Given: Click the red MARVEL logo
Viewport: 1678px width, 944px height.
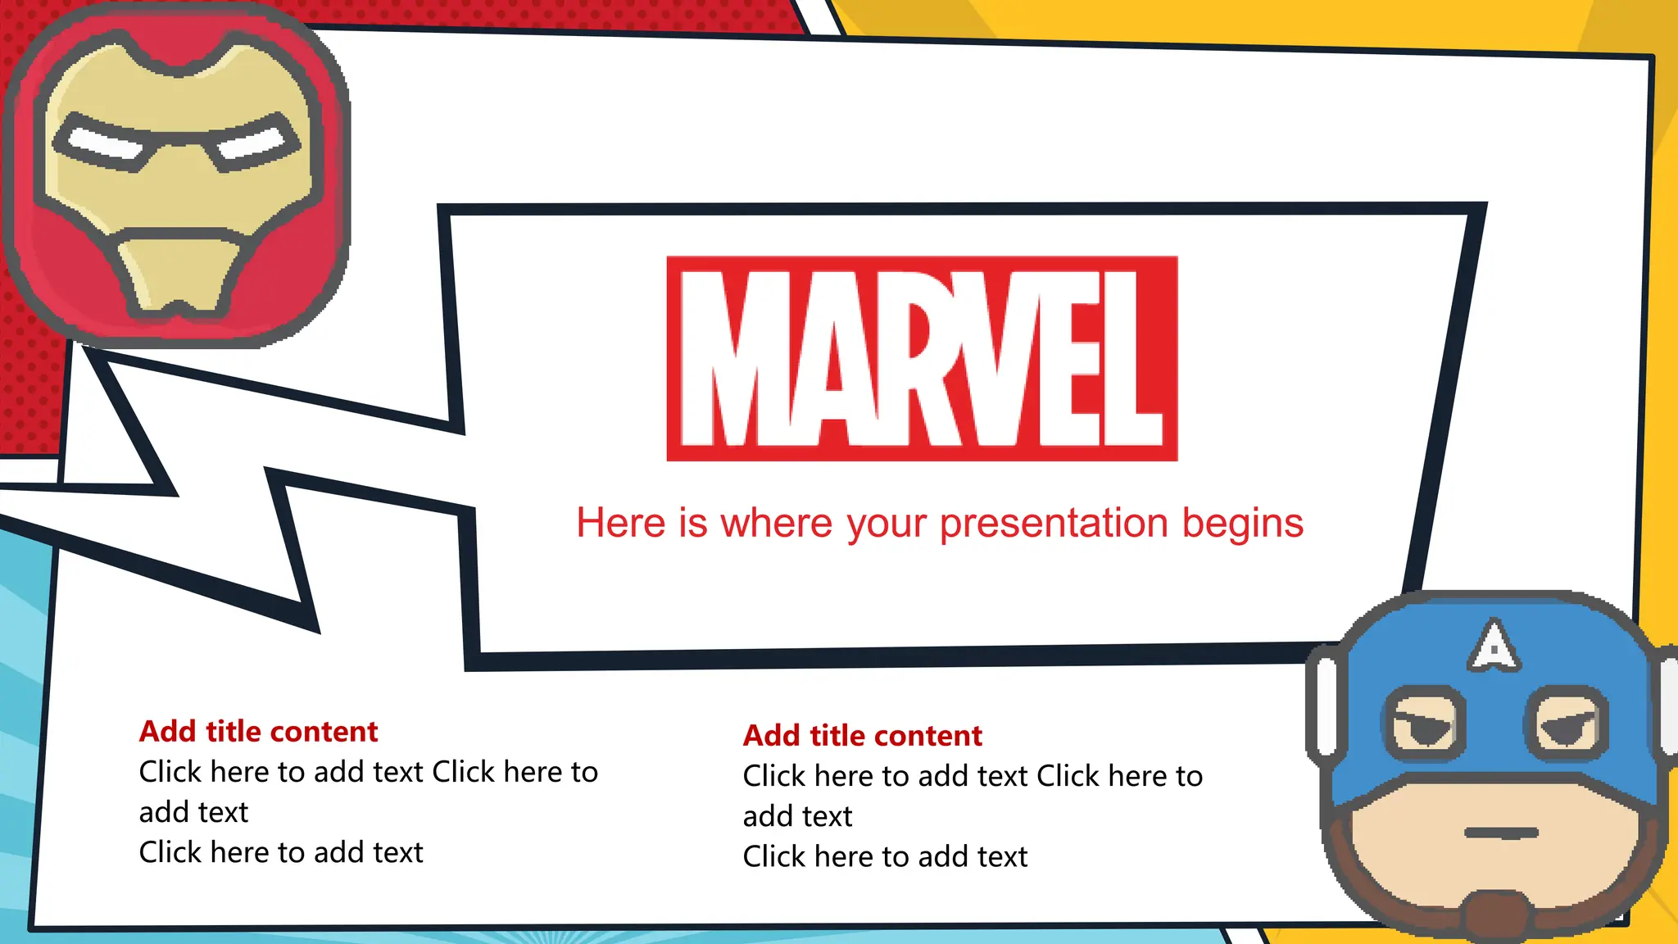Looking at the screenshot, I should click(922, 358).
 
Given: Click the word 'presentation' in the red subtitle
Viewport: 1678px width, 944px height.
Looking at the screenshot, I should click(1054, 524).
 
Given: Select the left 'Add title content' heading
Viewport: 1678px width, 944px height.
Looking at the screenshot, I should click(258, 731).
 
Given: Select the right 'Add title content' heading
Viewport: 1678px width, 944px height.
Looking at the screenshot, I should click(862, 735).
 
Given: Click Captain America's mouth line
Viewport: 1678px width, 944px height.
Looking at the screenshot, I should click(1501, 833).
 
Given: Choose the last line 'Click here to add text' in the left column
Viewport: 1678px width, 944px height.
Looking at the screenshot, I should click(281, 852).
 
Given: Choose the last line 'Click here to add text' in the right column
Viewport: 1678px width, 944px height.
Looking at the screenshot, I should click(885, 856).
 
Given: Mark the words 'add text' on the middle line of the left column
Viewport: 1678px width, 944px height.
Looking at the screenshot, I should click(193, 812).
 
